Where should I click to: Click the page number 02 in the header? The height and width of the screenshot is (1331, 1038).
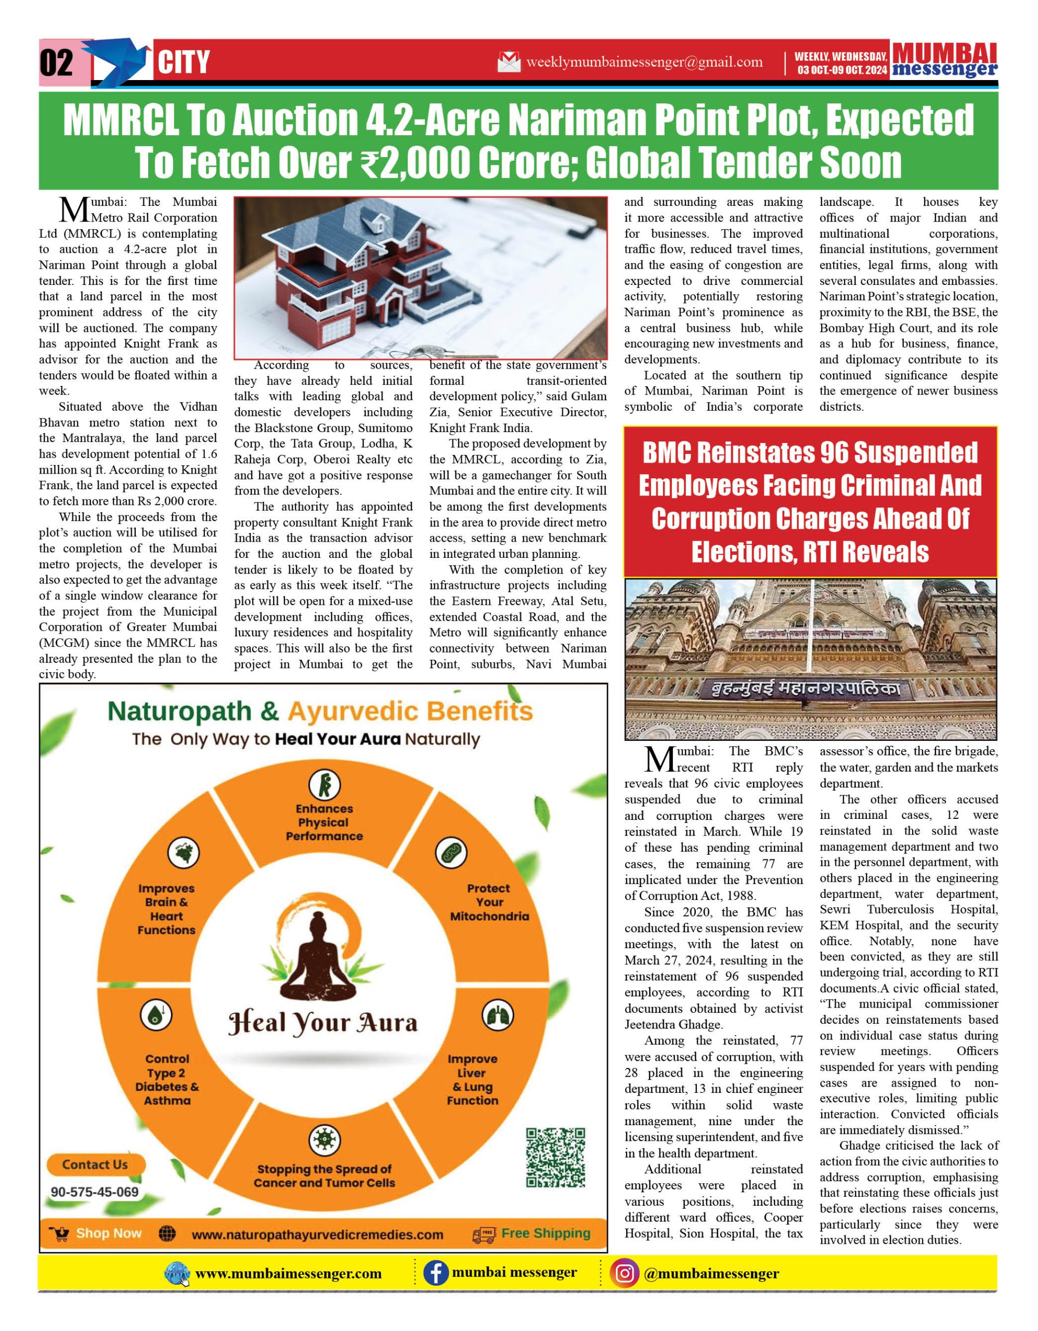pos(57,63)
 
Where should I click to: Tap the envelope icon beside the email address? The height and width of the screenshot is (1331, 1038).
pos(509,61)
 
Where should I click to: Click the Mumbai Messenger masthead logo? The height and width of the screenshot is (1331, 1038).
pos(944,60)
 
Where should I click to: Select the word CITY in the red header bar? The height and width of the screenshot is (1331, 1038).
pos(184,63)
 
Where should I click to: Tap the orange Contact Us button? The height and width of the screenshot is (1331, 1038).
pos(95,1165)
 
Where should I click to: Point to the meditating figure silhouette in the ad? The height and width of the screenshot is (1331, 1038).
pos(321,960)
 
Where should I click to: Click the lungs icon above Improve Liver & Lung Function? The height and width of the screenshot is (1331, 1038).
pos(498,1015)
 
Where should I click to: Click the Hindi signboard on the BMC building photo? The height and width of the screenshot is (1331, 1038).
pos(808,689)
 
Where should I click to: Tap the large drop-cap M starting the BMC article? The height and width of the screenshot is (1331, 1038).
pos(659,760)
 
